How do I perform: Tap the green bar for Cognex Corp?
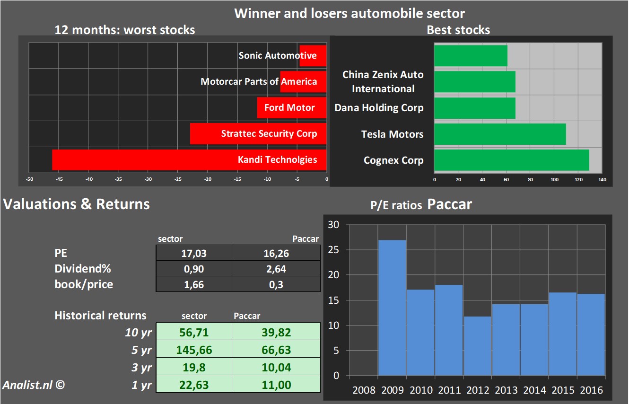(x=511, y=160)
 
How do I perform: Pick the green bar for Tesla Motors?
(x=500, y=134)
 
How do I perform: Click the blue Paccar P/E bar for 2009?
(x=392, y=308)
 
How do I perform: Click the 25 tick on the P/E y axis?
(x=333, y=250)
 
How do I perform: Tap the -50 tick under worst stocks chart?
(x=29, y=180)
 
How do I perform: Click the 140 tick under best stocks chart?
(x=602, y=180)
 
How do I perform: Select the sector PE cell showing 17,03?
(x=194, y=253)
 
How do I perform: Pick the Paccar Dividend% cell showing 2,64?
(x=276, y=269)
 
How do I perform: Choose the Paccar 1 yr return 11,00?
(x=276, y=385)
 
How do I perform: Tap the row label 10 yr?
(x=138, y=333)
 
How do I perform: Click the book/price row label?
(x=84, y=284)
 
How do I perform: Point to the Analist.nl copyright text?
(x=33, y=385)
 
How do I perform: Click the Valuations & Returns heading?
(x=77, y=204)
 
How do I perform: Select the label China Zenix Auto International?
(x=383, y=81)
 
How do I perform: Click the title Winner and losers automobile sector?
(x=349, y=13)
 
